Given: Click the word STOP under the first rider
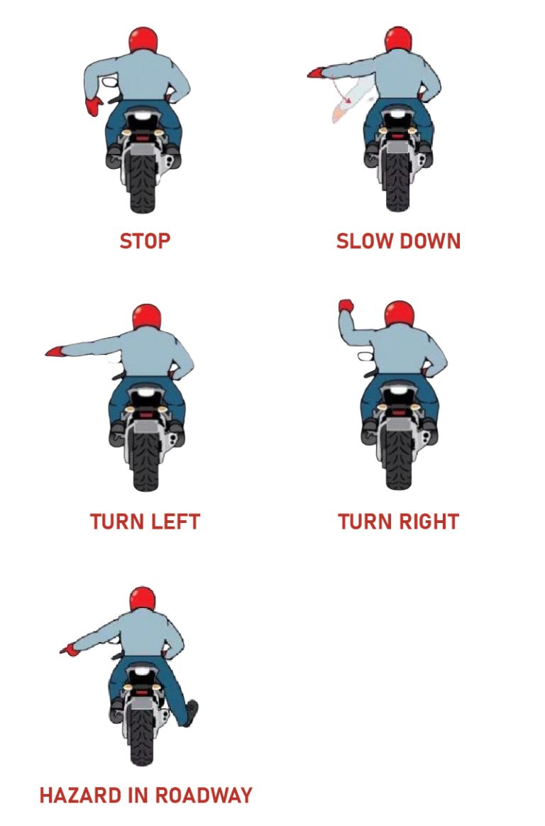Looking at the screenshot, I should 145,241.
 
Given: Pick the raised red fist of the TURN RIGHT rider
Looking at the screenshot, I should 346,307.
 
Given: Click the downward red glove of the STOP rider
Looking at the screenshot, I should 94,106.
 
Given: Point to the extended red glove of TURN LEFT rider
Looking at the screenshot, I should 55,351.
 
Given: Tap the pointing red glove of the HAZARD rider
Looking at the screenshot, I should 69,649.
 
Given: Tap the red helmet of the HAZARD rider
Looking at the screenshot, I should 143,600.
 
